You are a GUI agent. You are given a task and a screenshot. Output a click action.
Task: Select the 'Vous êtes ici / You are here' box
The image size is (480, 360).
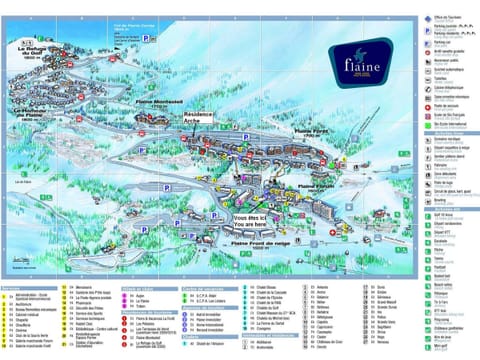(x=251, y=221)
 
